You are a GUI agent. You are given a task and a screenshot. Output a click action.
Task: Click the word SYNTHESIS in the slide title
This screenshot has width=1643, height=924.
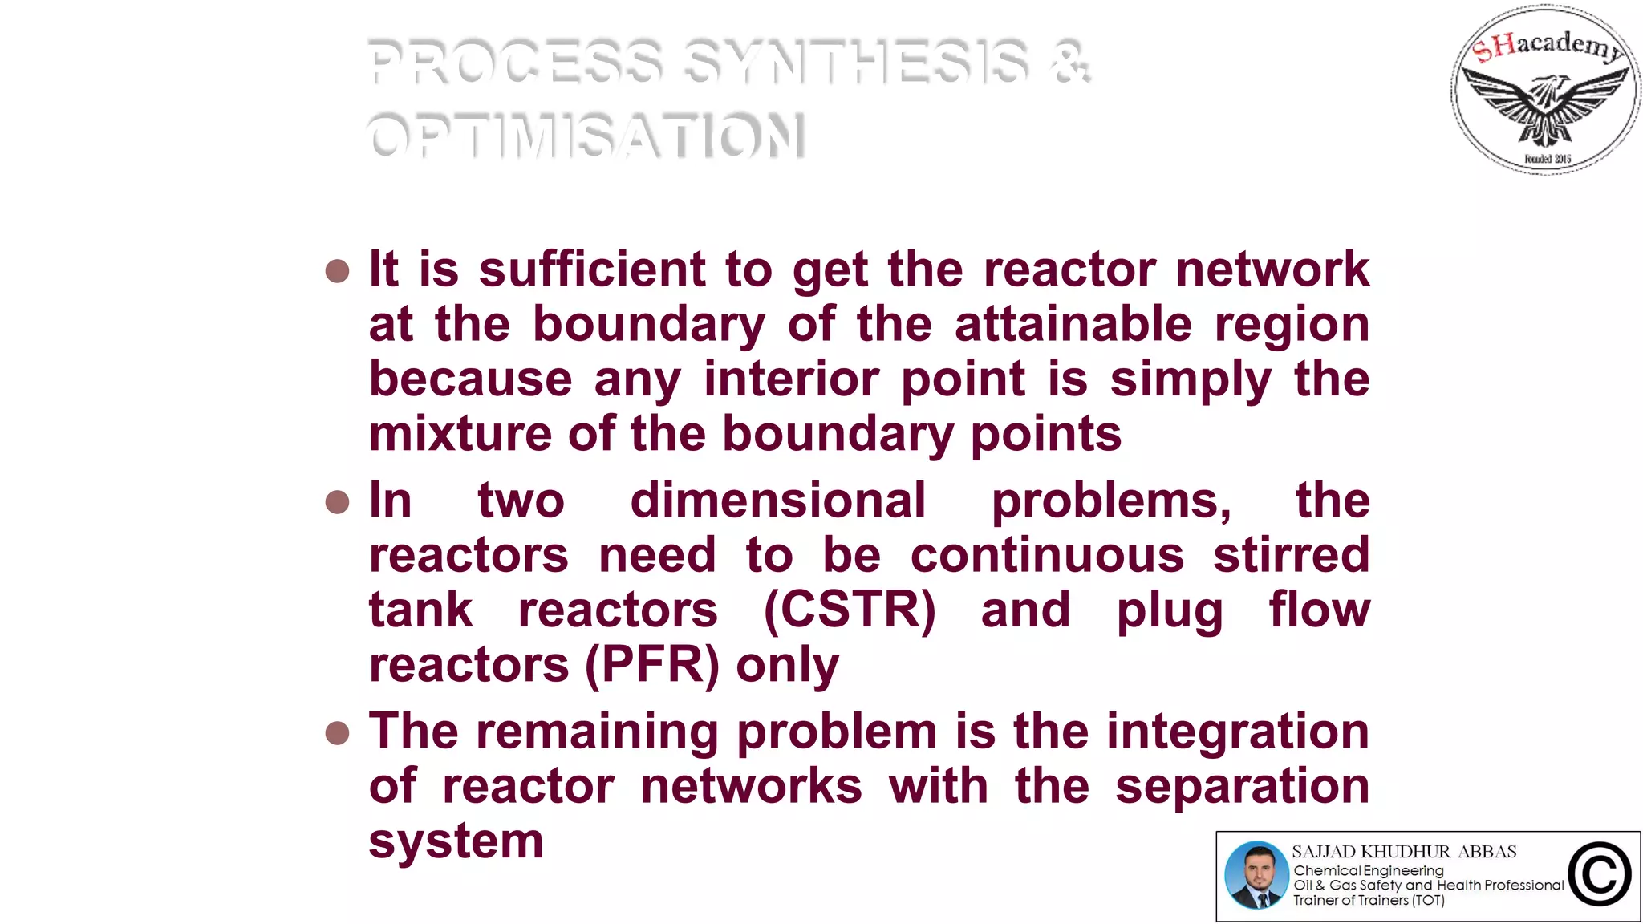pos(857,62)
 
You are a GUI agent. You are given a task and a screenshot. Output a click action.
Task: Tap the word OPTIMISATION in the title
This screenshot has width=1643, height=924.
pos(586,136)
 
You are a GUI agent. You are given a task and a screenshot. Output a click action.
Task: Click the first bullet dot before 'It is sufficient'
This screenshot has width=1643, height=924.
pos(338,271)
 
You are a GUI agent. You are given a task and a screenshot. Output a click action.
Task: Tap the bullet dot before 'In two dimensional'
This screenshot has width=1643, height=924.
pos(338,503)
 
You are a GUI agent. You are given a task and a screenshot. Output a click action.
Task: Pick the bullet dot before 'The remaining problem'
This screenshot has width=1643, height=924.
pos(338,733)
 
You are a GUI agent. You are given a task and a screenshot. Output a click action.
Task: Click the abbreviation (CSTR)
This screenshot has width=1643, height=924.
pos(850,610)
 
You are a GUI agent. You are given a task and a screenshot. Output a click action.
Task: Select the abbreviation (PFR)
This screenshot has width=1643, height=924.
pos(652,665)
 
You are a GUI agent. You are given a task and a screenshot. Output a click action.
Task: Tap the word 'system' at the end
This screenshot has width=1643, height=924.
pos(456,842)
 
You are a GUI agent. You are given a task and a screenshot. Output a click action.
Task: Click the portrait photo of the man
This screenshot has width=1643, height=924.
pos(1256,875)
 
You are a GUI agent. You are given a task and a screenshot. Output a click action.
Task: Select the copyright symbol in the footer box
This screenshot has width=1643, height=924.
pos(1600,875)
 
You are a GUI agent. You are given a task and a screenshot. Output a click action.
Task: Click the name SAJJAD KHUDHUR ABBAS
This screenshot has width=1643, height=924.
pos(1404,852)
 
